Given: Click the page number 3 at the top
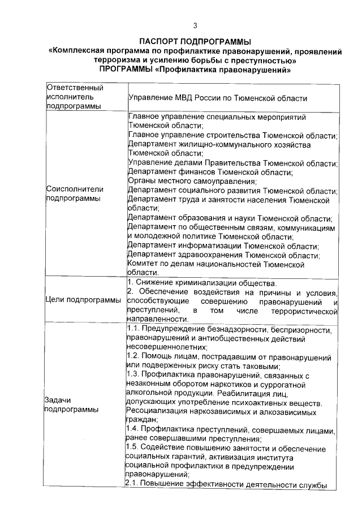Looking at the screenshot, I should pos(195,25).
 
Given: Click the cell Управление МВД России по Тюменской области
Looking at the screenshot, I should pos(218,98).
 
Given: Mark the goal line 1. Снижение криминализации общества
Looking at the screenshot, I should pos(202,283).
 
